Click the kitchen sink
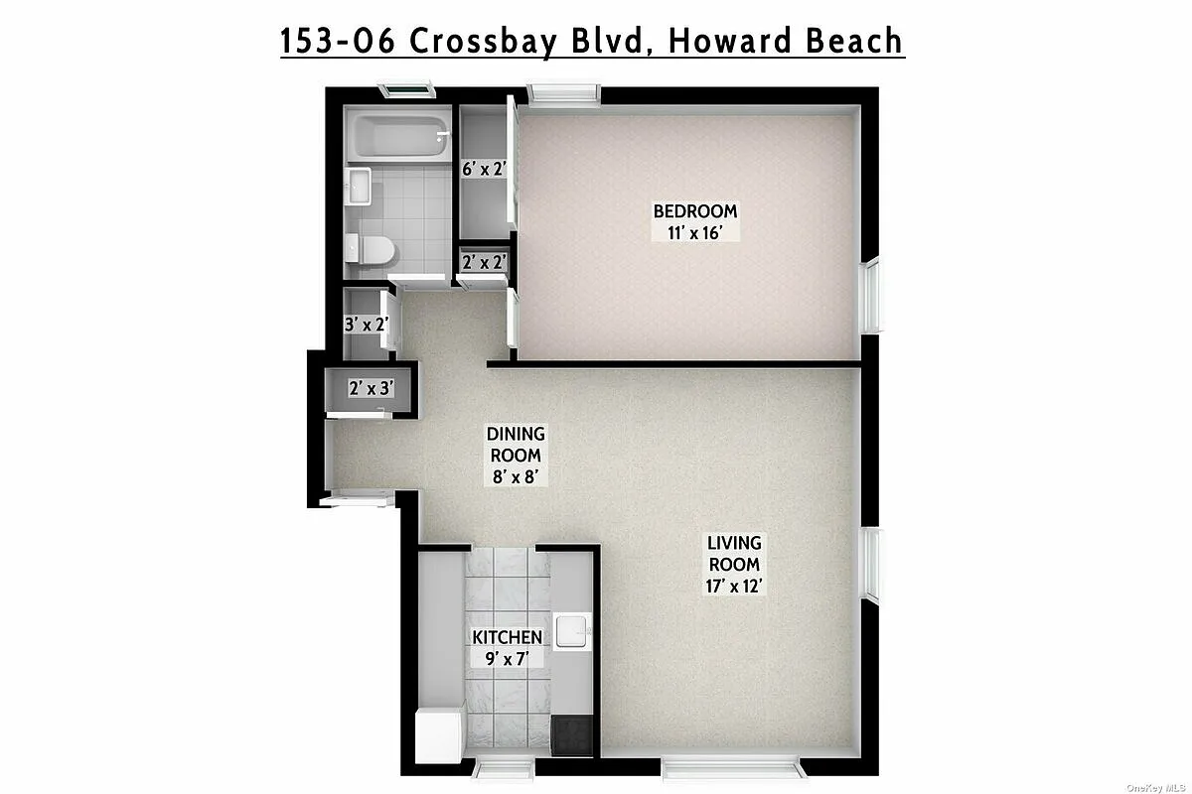click(573, 632)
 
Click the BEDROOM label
click(694, 210)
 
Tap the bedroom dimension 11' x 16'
click(694, 232)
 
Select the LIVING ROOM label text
click(734, 554)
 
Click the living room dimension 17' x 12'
click(734, 586)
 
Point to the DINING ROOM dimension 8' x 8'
click(515, 476)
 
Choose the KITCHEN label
click(507, 637)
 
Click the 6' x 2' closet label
click(485, 169)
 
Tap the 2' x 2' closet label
click(485, 263)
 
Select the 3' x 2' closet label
click(365, 324)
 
